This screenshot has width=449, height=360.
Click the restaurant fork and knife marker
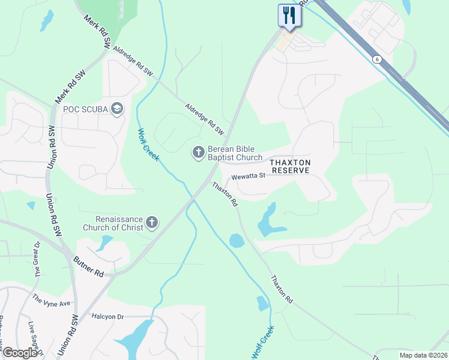(289, 15)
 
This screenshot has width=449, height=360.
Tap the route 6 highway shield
(376, 59)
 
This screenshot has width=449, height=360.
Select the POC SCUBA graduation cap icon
(117, 109)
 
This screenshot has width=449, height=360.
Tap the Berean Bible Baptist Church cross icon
(198, 153)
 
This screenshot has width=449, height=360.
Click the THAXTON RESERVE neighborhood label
(290, 166)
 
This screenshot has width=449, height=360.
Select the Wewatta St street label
(248, 176)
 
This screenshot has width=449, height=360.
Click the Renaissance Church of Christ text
(119, 223)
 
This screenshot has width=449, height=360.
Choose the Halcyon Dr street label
(107, 316)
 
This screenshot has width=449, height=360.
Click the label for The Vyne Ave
(52, 301)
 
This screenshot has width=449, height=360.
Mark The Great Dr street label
(37, 262)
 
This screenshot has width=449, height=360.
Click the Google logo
(20, 353)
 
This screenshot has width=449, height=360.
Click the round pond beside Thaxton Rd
(237, 241)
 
